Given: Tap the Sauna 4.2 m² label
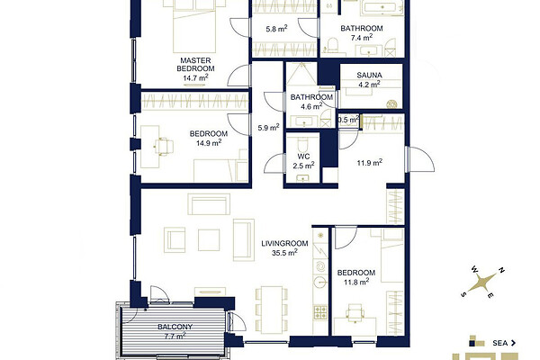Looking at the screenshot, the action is (369, 79).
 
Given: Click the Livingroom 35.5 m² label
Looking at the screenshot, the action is (284, 248).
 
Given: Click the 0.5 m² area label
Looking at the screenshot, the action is (348, 120).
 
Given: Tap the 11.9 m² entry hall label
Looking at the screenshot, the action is (370, 162).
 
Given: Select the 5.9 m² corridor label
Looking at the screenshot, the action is (268, 128).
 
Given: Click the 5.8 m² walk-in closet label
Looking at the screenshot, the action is (276, 29).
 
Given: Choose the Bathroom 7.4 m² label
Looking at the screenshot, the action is (362, 32).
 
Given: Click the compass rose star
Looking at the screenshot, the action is (482, 282).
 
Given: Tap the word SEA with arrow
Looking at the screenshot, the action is (504, 343).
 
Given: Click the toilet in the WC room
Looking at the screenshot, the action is (303, 144).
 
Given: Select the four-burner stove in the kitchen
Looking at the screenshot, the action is (320, 311).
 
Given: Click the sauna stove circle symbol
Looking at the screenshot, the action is (391, 103).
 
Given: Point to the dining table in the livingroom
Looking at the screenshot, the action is (272, 310).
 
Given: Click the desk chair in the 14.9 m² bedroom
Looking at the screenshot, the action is (164, 147).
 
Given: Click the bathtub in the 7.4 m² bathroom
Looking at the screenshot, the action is (382, 7).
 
